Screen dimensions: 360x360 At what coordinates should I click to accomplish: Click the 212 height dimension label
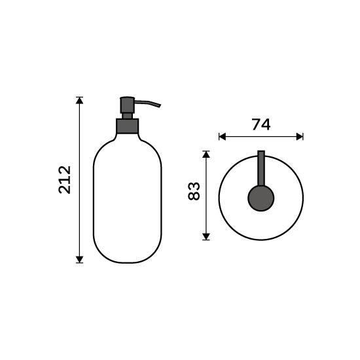pos(65,180)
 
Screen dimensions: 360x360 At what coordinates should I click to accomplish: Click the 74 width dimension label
pos(261,124)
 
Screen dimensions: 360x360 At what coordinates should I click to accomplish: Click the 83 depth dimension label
pos(194,191)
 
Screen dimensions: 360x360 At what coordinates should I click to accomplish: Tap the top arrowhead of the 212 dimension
pos(79,101)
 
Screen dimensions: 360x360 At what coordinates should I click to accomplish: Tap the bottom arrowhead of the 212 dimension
pos(79,259)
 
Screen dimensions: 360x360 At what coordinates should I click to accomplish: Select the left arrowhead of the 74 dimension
pos(223,137)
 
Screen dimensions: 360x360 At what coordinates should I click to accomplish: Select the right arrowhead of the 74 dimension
pos(300,137)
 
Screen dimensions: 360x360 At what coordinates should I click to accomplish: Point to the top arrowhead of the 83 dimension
pos(206,154)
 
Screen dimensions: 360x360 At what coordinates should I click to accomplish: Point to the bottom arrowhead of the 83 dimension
pos(206,236)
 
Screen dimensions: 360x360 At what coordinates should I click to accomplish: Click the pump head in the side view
pos(128,105)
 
